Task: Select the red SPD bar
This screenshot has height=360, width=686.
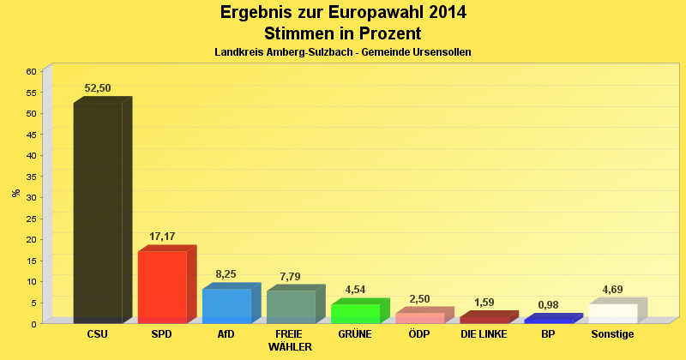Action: [162, 286]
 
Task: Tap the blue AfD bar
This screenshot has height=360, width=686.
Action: [226, 305]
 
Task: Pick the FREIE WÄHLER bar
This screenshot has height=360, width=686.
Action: [291, 306]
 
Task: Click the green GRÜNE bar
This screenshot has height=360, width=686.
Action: [355, 313]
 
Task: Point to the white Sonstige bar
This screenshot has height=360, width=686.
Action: [612, 313]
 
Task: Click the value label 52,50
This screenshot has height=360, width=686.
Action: [98, 88]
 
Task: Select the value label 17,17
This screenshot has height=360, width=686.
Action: [162, 235]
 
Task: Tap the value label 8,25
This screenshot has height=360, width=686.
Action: [226, 274]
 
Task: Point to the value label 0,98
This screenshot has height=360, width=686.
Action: [548, 305]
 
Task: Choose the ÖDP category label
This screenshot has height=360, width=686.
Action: [419, 333]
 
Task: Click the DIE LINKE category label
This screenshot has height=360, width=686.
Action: [484, 333]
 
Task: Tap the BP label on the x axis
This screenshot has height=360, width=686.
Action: [548, 333]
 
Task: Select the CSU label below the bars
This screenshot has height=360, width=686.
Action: [98, 333]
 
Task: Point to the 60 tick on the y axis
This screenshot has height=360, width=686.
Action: [31, 71]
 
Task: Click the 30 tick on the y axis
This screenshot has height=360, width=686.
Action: [31, 197]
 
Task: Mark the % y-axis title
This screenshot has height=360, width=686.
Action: [15, 193]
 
